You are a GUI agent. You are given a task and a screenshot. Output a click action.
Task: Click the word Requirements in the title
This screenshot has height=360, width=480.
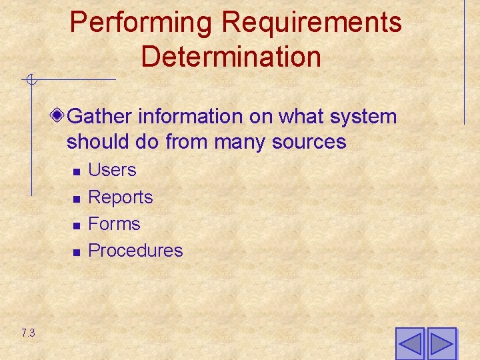(311, 23)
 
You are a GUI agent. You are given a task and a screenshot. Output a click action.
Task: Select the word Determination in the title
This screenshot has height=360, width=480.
(231, 56)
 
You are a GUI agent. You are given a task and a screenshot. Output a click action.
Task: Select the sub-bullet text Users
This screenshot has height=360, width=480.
(112, 170)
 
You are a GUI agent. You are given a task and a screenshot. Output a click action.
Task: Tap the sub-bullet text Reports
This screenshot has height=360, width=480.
(121, 197)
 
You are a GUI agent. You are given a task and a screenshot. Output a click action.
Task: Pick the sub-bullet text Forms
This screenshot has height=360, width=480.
(114, 224)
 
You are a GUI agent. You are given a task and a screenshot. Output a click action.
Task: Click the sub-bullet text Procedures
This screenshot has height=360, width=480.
(135, 251)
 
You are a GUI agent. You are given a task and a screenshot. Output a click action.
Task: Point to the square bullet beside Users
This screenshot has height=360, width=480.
(77, 172)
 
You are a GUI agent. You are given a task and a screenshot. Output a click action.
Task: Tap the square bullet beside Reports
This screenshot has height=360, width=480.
(77, 199)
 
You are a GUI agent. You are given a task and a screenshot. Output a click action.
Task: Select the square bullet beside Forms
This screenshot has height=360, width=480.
(77, 225)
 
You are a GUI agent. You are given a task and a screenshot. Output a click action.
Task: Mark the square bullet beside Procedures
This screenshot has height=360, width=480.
(77, 252)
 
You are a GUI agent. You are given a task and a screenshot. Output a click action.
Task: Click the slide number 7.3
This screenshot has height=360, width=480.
(28, 333)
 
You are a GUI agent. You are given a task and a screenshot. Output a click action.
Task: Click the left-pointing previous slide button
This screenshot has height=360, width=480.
(409, 344)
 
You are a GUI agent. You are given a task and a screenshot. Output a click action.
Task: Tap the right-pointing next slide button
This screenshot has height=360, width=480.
(441, 344)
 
